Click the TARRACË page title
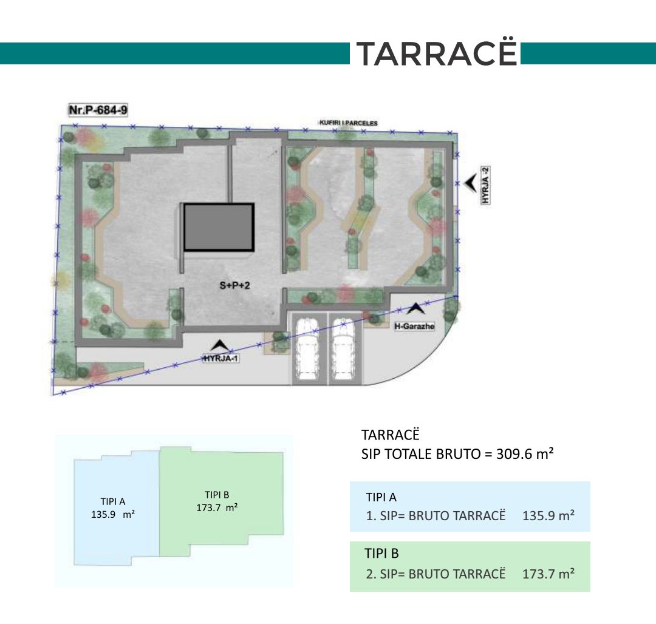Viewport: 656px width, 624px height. coord(436,53)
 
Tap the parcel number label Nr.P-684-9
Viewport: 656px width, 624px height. coord(98,110)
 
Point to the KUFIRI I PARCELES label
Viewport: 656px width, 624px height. coord(349,123)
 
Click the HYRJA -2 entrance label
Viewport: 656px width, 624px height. coord(485,185)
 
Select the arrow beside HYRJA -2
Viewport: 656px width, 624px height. coord(471,183)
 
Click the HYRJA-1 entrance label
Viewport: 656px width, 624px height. coord(221,358)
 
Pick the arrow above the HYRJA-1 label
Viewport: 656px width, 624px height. coord(220,345)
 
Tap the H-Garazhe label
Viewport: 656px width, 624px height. coord(414,326)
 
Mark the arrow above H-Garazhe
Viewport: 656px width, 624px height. coord(415,308)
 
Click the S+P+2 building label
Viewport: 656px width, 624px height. coord(234,285)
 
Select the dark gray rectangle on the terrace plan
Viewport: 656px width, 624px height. coord(219,228)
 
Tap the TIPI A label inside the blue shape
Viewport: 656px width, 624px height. coord(113,501)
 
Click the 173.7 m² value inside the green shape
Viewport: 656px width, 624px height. coord(217,508)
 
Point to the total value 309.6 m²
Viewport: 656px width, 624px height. coord(525,453)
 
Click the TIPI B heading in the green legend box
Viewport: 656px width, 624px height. coord(381,554)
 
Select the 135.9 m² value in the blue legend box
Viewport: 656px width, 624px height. coord(548,515)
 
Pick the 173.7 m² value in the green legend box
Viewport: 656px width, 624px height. coord(548,574)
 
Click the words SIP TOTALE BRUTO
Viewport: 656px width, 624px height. coord(421,454)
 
